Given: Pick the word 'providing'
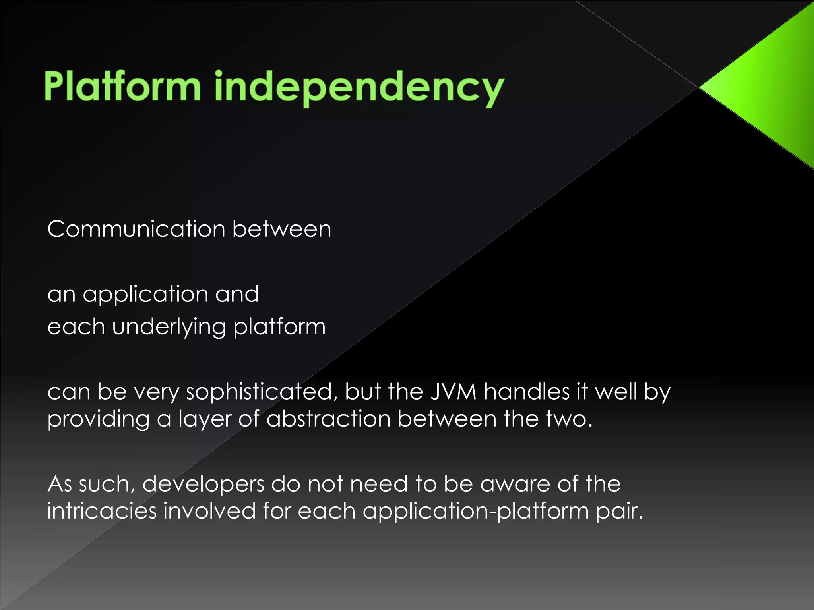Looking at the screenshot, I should click(x=98, y=419).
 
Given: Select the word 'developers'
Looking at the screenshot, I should click(x=203, y=485).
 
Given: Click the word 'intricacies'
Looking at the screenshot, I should click(x=102, y=511).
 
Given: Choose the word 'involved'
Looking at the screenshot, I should click(x=209, y=511).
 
